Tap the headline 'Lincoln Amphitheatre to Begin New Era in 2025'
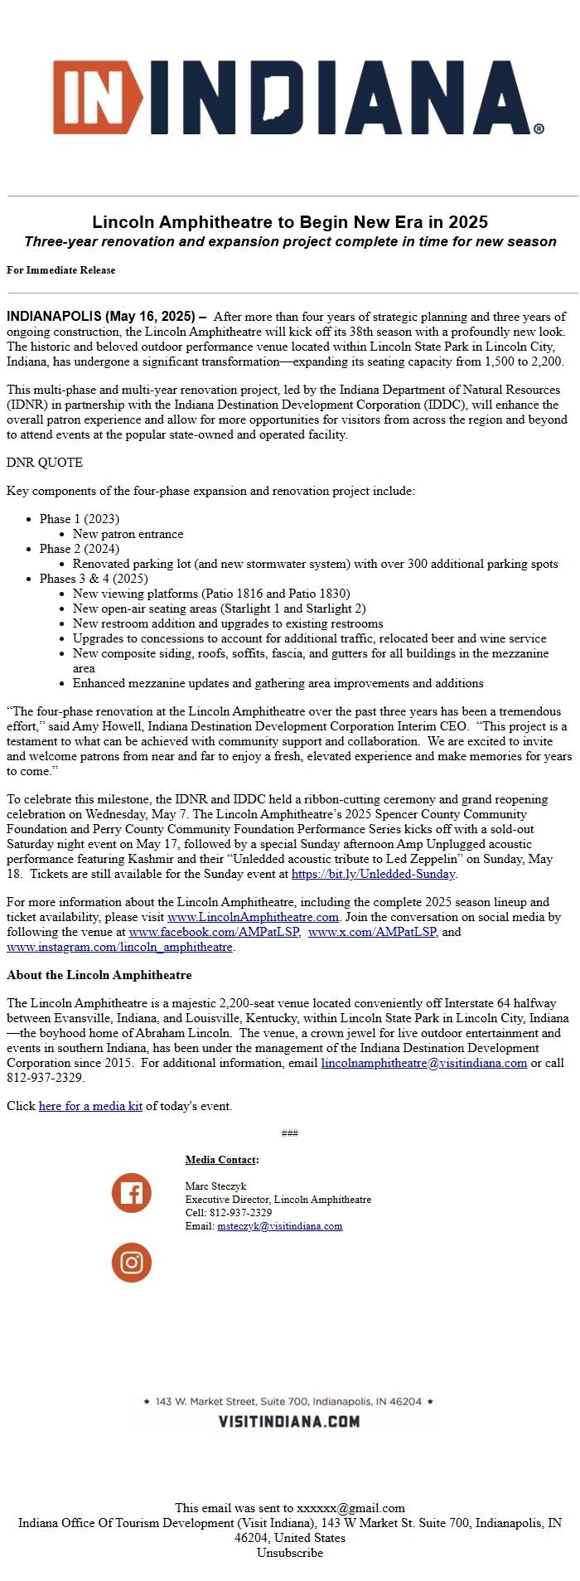(290, 222)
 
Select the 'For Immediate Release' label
(61, 270)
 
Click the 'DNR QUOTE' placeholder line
(45, 463)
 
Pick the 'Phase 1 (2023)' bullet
(79, 519)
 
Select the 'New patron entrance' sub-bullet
(128, 534)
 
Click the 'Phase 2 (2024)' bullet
(79, 549)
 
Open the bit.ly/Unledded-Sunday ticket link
(373, 874)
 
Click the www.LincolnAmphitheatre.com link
(253, 917)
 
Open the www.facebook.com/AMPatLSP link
(214, 932)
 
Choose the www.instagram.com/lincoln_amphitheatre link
(119, 947)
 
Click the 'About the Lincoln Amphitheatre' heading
(99, 975)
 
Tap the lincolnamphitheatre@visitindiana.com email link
(423, 1063)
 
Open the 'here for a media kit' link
(90, 1106)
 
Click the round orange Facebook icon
(132, 1193)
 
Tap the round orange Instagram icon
(132, 1263)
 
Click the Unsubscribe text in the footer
(290, 1553)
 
